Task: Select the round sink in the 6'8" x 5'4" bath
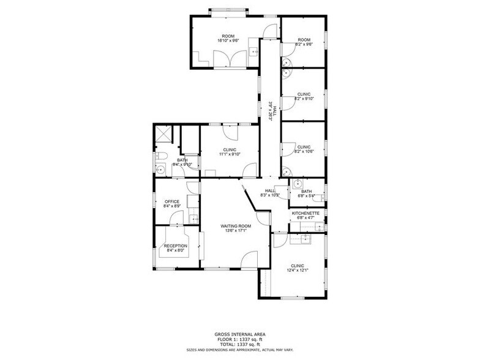point(296,184)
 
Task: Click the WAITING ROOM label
point(236,226)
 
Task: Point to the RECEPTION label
point(175,246)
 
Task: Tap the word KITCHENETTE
point(306,213)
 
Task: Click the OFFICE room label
point(171,202)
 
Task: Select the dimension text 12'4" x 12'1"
point(298,270)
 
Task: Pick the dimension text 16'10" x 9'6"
point(228,40)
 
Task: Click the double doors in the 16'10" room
point(224,60)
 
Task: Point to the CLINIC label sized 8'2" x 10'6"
point(304,147)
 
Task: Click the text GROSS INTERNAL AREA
point(239,334)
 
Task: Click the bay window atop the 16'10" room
point(228,10)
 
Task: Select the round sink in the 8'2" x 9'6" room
point(286,61)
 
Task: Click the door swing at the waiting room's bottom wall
point(250,260)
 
